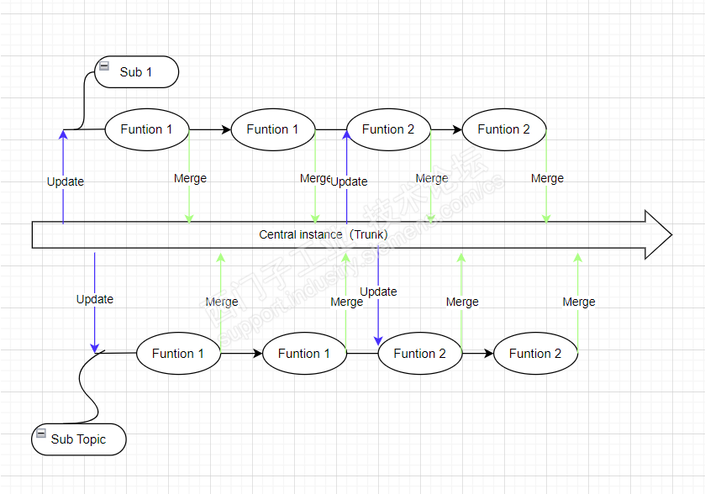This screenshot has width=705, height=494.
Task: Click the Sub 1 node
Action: click(x=137, y=72)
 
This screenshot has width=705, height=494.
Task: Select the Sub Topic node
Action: click(x=79, y=439)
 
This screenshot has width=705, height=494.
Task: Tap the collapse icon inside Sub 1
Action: click(x=104, y=66)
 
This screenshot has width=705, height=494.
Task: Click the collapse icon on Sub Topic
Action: click(x=40, y=434)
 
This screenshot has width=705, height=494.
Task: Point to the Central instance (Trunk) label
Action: click(x=323, y=234)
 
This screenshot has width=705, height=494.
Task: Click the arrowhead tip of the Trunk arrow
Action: click(x=671, y=234)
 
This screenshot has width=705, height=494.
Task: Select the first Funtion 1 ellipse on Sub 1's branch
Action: click(x=146, y=129)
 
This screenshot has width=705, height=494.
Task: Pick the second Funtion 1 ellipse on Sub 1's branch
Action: click(x=272, y=129)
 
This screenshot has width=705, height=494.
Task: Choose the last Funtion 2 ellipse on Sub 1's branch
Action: click(x=504, y=129)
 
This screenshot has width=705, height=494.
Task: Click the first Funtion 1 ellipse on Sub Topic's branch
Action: click(x=178, y=354)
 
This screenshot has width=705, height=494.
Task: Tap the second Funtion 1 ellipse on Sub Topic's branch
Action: click(x=304, y=354)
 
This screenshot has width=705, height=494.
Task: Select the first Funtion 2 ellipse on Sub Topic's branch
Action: click(x=419, y=354)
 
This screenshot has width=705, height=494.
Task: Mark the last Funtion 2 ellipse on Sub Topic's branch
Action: click(x=535, y=354)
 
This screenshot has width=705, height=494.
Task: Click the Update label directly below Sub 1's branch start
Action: click(x=66, y=181)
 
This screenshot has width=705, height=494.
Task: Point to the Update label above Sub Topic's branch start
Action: click(x=95, y=299)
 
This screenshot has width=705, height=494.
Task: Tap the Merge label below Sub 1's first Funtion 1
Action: click(x=190, y=178)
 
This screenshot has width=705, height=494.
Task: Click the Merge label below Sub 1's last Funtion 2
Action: click(x=547, y=178)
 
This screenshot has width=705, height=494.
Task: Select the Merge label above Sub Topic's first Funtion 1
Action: click(x=222, y=302)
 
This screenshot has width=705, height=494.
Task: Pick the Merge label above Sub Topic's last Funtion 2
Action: click(x=579, y=302)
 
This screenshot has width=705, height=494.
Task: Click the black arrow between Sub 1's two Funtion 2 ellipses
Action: click(x=446, y=129)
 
